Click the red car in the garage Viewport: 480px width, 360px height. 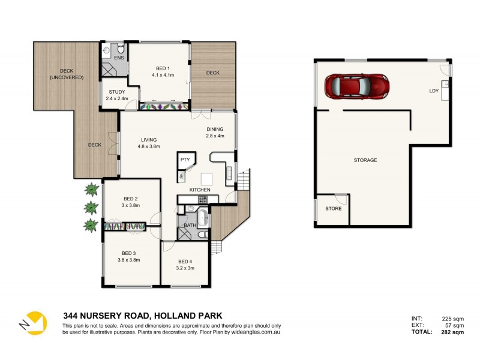click(x=356, y=86)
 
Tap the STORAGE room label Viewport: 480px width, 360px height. click(x=365, y=160)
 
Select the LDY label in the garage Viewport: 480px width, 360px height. click(x=433, y=91)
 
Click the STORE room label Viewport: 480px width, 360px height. click(x=333, y=209)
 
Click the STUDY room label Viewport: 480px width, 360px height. click(x=117, y=92)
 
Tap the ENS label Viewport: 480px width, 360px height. click(x=119, y=58)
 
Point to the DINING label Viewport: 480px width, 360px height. click(x=215, y=129)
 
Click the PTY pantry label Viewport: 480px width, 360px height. click(x=185, y=160)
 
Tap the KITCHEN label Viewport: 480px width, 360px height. click(x=200, y=190)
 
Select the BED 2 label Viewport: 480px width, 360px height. click(x=131, y=199)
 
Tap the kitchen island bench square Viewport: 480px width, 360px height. click(x=206, y=178)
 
